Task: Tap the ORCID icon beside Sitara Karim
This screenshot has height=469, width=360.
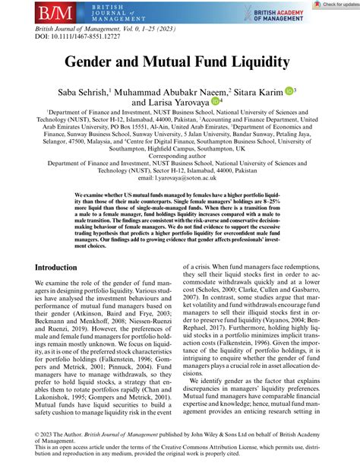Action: click(287, 91)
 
